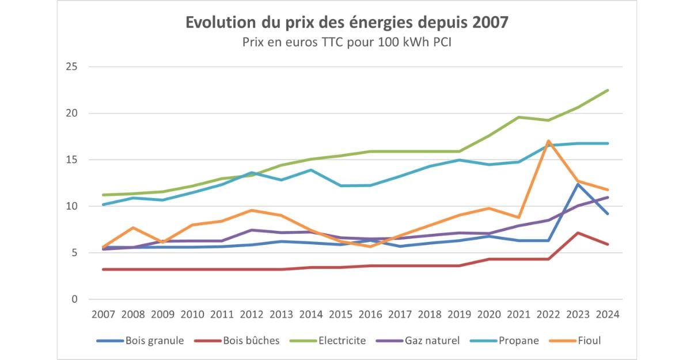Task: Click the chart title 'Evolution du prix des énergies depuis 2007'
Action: (x=347, y=23)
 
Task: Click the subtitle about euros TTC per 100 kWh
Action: (x=347, y=43)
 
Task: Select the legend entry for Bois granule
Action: (x=153, y=340)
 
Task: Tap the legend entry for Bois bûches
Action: (x=251, y=340)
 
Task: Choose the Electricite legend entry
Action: (x=342, y=340)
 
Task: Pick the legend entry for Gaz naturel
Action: (x=432, y=340)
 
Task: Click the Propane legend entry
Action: (x=518, y=340)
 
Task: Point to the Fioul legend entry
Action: (x=588, y=340)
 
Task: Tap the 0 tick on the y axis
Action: (x=74, y=299)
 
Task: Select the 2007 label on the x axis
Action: (x=103, y=314)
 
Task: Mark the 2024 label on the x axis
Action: (x=608, y=314)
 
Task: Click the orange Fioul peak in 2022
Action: (x=548, y=141)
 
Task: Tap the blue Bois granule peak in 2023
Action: (x=578, y=184)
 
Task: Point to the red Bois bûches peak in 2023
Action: (x=578, y=233)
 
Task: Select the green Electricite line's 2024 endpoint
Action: (x=608, y=90)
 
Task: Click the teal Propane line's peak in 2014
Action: (x=312, y=170)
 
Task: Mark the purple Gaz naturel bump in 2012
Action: (x=252, y=230)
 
